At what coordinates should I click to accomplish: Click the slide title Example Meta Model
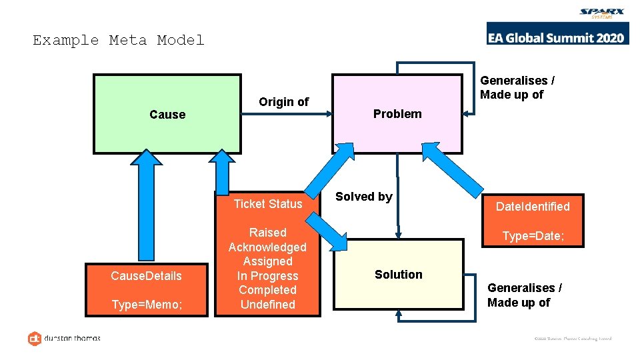point(119,40)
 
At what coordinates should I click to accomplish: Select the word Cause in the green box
point(167,115)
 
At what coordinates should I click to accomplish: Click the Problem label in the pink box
point(397,114)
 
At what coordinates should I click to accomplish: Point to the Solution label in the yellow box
point(399,275)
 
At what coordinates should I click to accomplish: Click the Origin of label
point(284,102)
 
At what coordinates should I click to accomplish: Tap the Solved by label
point(364,197)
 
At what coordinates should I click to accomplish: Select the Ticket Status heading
point(267,204)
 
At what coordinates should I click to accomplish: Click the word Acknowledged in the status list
point(267,247)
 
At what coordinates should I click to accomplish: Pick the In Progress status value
point(267,276)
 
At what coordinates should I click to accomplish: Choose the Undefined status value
point(267,305)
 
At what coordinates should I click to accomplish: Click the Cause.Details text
point(146,276)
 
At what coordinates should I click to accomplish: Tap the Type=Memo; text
point(146,305)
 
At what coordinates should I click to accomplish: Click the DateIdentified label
point(533,207)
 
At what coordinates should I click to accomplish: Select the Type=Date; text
point(533,236)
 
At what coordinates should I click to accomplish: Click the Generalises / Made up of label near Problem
point(517,87)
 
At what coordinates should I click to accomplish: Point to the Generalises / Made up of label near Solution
point(524,295)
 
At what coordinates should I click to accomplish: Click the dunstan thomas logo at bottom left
point(64,338)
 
